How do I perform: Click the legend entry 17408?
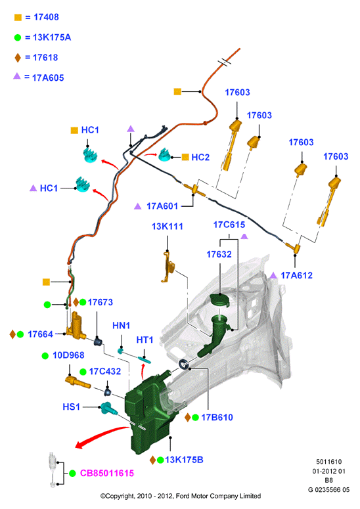pos(46,17)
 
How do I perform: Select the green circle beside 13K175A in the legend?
pos(18,37)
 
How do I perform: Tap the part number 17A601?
pos(162,206)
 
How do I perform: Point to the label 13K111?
pos(167,226)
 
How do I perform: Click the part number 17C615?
pos(229,225)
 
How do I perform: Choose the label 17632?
pos(219,254)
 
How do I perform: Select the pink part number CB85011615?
pos(107,474)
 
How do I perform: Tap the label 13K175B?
pos(184,460)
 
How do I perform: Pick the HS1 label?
pos(71,407)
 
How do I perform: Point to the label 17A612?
pos(296,275)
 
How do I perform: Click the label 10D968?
pos(68,355)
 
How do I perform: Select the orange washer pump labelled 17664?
pos(77,326)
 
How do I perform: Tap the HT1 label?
pos(145,340)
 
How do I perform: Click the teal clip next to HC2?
pos(165,155)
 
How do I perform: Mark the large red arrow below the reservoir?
pos(101,435)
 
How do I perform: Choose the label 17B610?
pos(217,418)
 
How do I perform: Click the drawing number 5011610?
pos(329,462)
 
